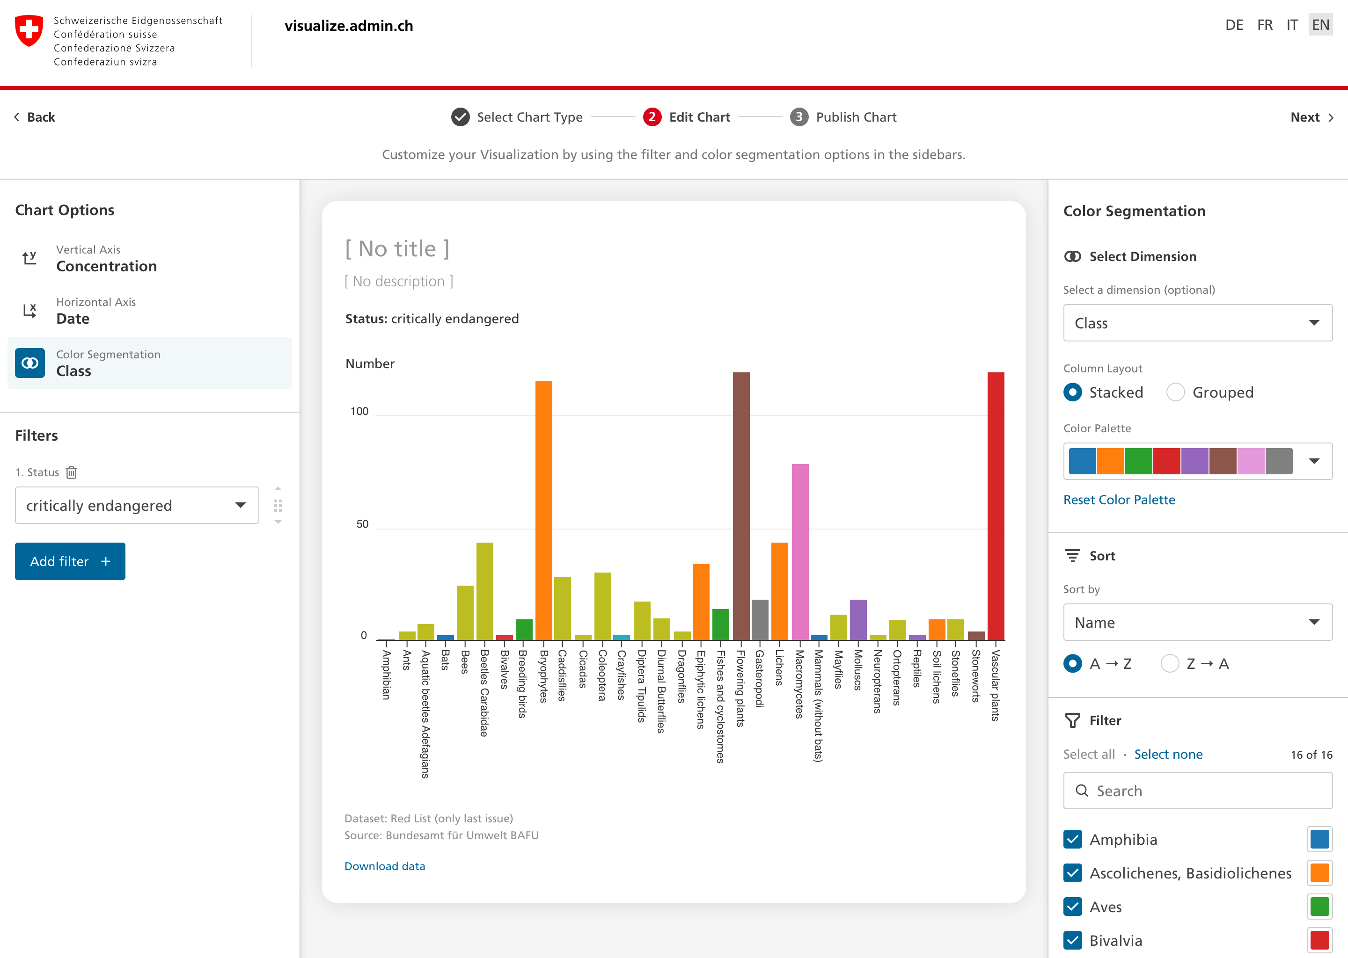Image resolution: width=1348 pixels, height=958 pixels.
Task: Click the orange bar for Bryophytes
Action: [x=543, y=510]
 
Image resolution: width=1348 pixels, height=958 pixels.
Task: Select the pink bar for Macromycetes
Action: [x=800, y=552]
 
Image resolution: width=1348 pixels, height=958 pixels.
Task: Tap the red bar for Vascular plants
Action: [x=996, y=506]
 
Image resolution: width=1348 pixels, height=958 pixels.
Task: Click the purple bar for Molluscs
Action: [x=857, y=619]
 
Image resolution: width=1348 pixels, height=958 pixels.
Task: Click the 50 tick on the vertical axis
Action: [x=362, y=524]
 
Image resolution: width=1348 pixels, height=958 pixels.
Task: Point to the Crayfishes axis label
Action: [x=621, y=675]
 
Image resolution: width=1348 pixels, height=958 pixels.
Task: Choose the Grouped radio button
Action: [x=1176, y=392]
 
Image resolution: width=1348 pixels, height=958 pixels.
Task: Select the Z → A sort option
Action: [x=1170, y=664]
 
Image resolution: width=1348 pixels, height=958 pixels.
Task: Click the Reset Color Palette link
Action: [x=1119, y=500]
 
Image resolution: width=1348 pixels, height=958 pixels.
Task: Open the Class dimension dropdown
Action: [x=1197, y=323]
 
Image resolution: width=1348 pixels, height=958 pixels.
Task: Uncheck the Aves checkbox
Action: [x=1072, y=907]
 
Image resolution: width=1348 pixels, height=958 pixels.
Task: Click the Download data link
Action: [x=384, y=866]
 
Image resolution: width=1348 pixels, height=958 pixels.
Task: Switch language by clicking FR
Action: [x=1264, y=25]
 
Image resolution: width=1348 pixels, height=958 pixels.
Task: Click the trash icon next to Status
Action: [x=72, y=472]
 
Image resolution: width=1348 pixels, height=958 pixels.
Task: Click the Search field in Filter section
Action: [x=1197, y=791]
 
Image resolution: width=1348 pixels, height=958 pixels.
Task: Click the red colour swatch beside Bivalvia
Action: [x=1319, y=940]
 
